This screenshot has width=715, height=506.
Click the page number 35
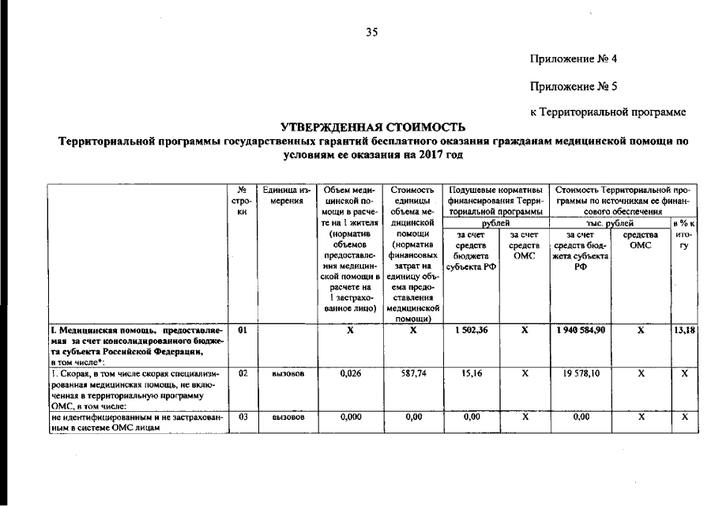pyautogui.click(x=372, y=32)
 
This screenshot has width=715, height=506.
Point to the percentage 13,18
pyautogui.click(x=684, y=331)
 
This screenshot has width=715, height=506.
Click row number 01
pyautogui.click(x=243, y=331)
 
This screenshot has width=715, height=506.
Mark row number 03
pyautogui.click(x=243, y=416)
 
